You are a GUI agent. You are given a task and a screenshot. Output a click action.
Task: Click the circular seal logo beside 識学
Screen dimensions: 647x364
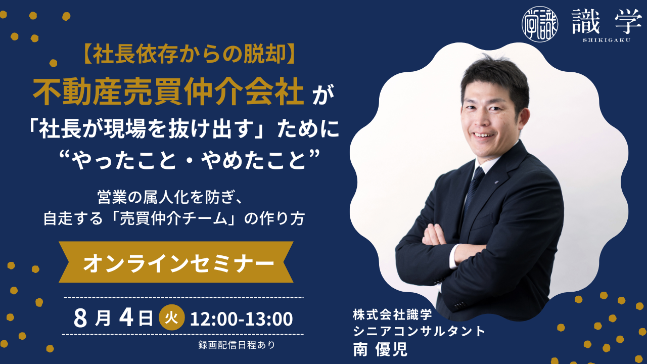(539, 24)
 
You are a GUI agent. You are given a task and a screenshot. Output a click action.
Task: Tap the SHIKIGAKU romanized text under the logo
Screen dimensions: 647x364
(607, 40)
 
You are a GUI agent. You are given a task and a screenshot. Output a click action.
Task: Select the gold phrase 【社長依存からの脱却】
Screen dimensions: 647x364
(189, 55)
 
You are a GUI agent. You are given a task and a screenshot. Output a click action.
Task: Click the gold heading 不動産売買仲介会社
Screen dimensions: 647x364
(168, 93)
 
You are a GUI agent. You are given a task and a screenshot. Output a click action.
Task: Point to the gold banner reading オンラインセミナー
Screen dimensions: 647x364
(176, 262)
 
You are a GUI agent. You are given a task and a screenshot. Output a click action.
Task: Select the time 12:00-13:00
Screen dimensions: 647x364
(242, 319)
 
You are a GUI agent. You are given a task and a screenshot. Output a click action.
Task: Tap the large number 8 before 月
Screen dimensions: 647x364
(80, 318)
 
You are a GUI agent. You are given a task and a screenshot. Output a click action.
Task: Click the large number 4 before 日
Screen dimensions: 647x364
(126, 318)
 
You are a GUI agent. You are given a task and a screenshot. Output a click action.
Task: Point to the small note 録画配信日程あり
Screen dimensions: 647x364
(237, 345)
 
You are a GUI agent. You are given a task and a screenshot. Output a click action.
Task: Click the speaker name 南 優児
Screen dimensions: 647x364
(380, 349)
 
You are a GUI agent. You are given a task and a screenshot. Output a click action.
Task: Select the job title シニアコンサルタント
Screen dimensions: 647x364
(419, 331)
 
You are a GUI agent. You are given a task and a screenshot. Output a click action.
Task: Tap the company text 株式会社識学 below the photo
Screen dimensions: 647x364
(392, 314)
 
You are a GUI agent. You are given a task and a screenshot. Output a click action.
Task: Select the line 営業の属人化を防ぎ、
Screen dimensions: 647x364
(170, 198)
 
